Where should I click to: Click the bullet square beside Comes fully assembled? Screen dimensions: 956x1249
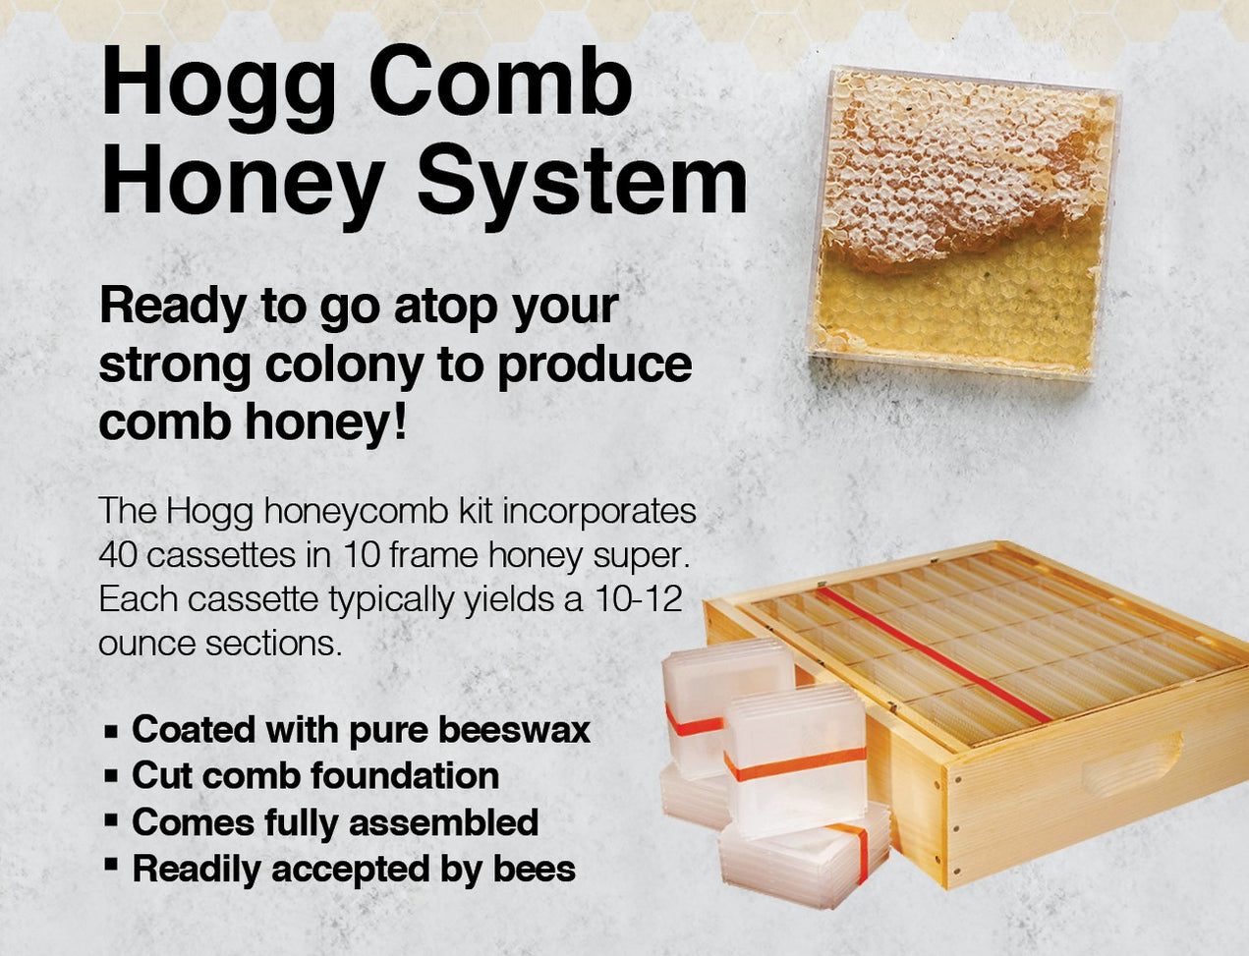click(111, 820)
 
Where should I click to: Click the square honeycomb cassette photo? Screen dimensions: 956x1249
click(963, 224)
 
